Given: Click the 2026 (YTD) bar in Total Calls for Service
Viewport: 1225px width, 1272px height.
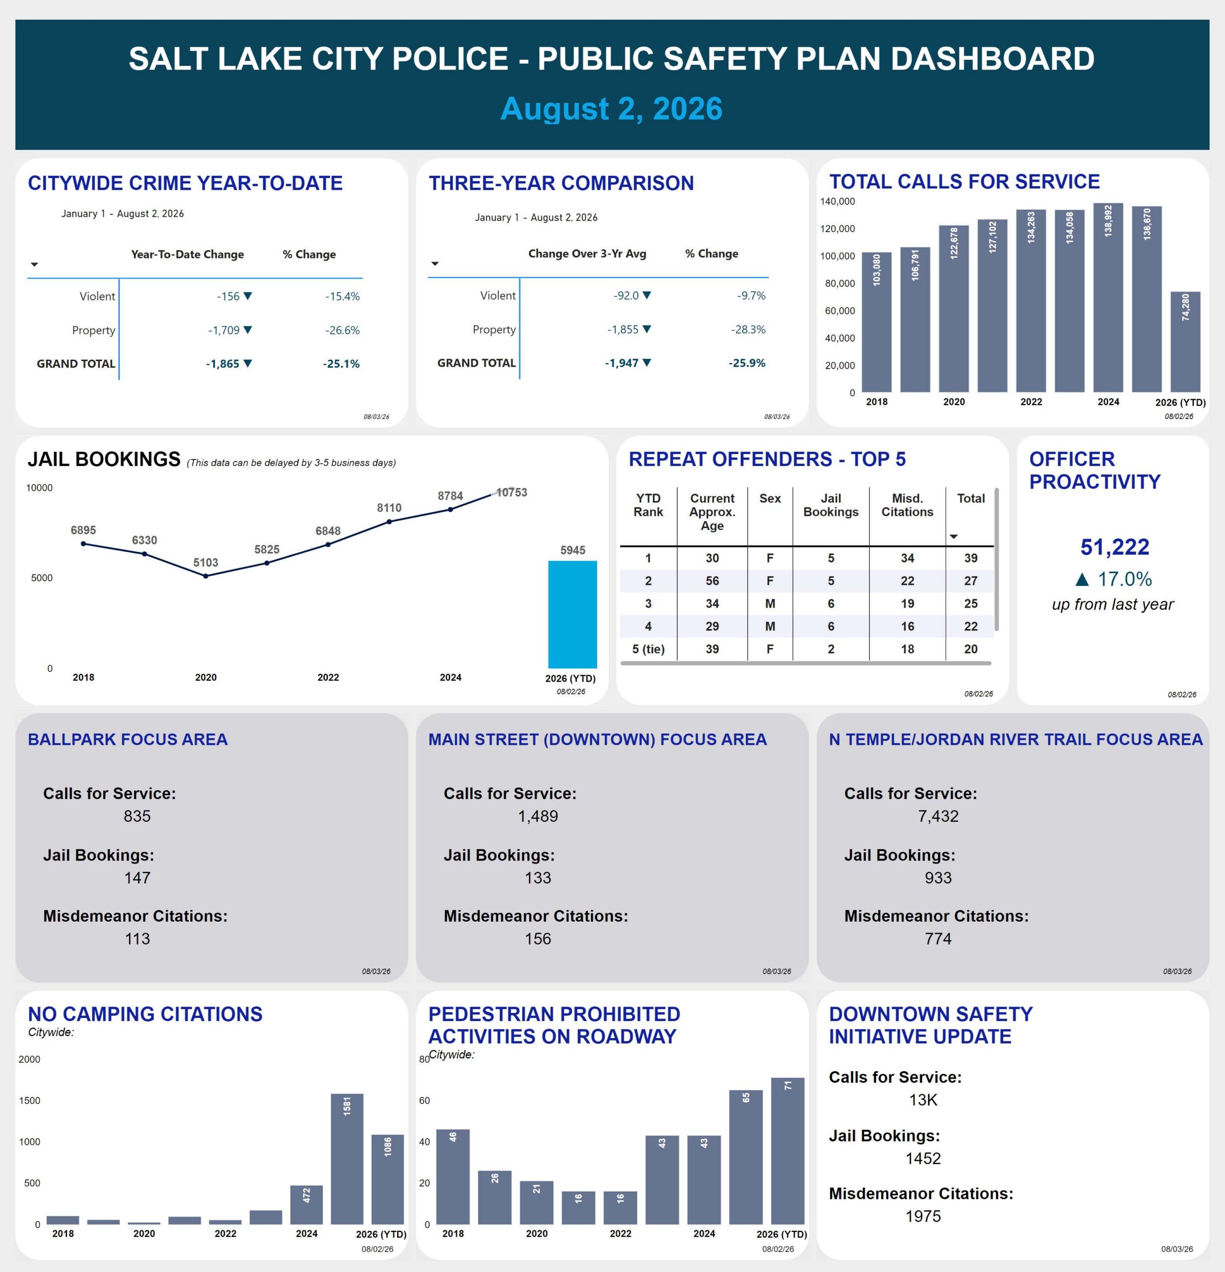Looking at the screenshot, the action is [1185, 341].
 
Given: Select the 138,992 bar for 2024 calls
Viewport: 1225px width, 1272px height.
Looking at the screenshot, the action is [1108, 297].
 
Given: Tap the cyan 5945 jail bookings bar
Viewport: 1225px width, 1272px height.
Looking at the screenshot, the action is [572, 614].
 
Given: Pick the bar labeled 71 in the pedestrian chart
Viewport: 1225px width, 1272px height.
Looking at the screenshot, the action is [787, 1151].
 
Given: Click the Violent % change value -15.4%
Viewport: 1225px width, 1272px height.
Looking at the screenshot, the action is [343, 296].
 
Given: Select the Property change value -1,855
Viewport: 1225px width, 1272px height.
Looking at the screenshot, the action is [623, 329].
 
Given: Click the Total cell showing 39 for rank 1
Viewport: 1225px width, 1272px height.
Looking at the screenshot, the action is [970, 557].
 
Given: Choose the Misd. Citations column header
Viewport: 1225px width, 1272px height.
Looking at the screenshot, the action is [907, 505].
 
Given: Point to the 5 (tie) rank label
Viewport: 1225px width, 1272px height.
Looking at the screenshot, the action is [648, 649].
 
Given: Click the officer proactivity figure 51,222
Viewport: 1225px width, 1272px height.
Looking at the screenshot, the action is [1114, 547].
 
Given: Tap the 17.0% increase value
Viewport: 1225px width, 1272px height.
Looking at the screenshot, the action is [1125, 578].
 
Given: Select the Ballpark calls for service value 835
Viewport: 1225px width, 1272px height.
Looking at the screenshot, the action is [137, 816].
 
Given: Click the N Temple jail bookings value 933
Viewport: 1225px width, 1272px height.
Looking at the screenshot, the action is [937, 877].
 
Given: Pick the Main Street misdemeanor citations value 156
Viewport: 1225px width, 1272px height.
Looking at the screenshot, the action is [538, 939].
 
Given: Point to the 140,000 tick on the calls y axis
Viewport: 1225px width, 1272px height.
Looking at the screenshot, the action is [837, 201].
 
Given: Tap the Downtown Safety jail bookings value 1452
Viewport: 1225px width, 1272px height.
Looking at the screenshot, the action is [923, 1158].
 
